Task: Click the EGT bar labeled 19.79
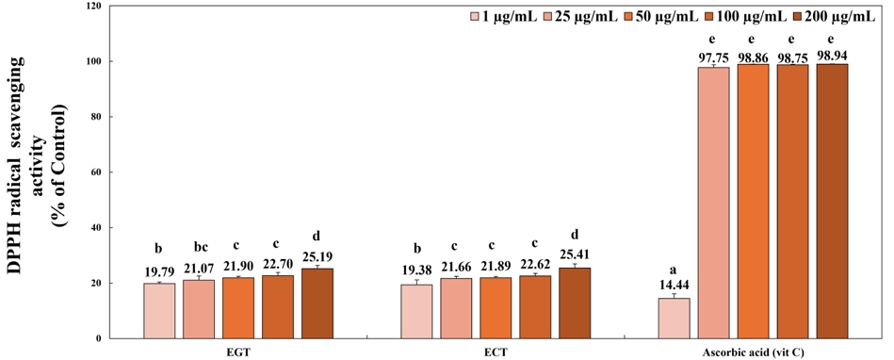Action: point(159,311)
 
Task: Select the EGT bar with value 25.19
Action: point(317,303)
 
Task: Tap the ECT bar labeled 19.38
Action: point(417,311)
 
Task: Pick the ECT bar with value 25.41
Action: point(575,303)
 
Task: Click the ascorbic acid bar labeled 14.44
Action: point(675,319)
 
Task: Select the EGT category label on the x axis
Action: point(238,352)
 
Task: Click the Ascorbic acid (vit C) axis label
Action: point(754,352)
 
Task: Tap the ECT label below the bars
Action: point(496,352)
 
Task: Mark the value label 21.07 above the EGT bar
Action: point(199,269)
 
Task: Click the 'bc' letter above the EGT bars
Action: point(199,249)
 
